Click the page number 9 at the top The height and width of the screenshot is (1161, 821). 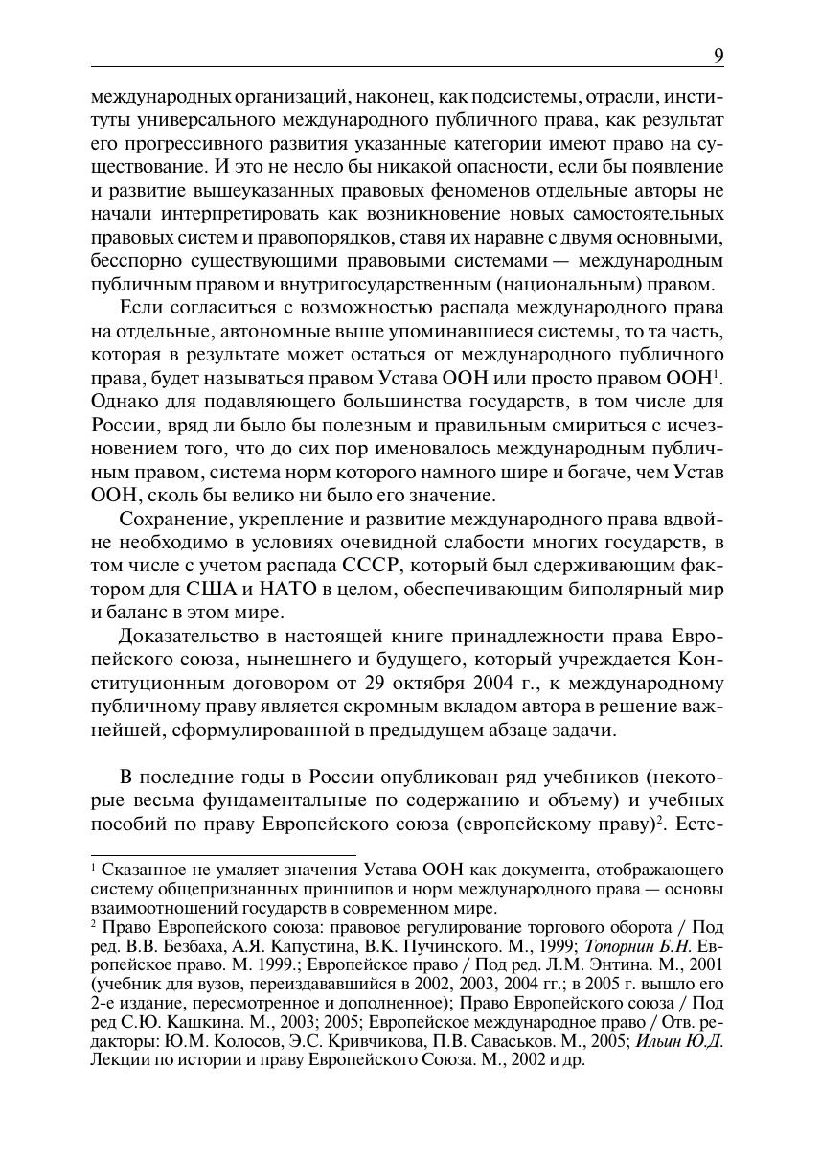pyautogui.click(x=718, y=56)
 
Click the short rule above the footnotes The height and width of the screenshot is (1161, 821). pyautogui.click(x=222, y=853)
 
